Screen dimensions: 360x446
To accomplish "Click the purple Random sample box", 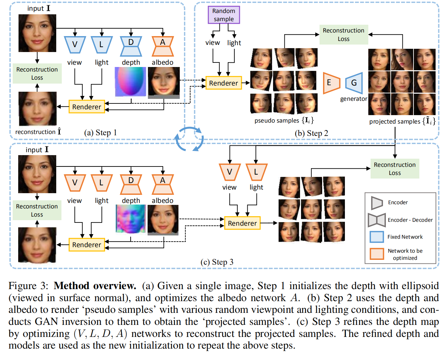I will [x=224, y=15].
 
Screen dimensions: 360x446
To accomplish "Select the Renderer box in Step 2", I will [x=223, y=83].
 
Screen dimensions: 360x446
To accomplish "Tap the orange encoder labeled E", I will [x=331, y=83].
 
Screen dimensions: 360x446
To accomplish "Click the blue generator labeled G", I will [x=354, y=83].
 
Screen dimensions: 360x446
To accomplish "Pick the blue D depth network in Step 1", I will [x=131, y=46].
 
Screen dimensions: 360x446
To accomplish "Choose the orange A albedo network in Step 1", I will [x=163, y=46].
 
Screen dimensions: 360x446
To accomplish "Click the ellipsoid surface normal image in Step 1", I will [x=130, y=82].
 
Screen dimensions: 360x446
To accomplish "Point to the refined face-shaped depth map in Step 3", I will [x=131, y=219].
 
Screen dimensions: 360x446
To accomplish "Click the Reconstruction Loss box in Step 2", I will [x=344, y=34].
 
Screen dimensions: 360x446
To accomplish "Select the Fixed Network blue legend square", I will [x=377, y=237].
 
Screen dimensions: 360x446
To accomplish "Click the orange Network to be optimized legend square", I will [x=377, y=254].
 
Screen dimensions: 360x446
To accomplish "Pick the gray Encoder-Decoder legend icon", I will [x=376, y=220].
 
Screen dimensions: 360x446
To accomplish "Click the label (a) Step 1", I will [x=100, y=133].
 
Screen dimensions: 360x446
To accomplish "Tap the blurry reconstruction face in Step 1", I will [x=37, y=109].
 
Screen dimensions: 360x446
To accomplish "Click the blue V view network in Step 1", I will [x=75, y=45].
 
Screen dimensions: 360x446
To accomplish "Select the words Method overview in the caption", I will [x=95, y=286].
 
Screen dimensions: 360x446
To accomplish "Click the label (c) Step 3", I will [x=217, y=262].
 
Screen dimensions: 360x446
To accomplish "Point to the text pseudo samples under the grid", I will [x=276, y=121].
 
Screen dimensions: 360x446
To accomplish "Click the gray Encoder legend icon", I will [x=377, y=203].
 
